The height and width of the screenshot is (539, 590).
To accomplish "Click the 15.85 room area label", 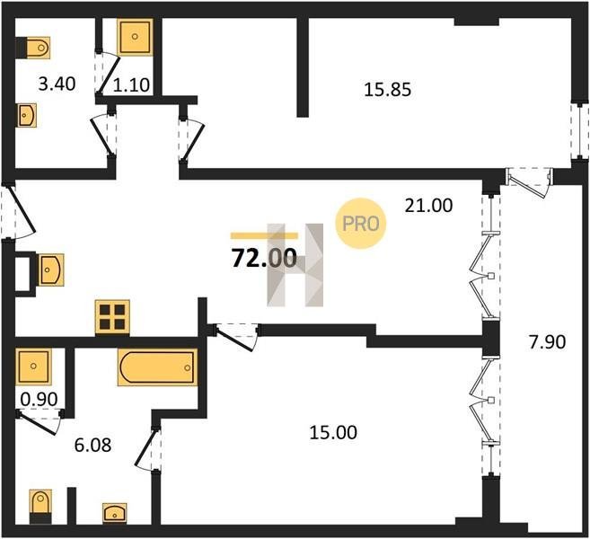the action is (388, 90).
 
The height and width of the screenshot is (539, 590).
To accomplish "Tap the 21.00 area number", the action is (428, 206).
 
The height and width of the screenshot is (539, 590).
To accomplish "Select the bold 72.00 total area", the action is (264, 259).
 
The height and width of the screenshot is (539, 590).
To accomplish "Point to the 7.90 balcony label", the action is (548, 342).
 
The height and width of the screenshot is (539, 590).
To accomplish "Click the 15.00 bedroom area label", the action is (333, 433).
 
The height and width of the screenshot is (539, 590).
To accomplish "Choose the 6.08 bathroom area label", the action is (92, 446).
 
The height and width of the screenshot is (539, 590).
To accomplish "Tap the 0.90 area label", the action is (39, 400).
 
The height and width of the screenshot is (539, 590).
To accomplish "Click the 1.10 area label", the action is (132, 85).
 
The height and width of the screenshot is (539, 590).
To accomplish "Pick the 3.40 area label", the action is (57, 84).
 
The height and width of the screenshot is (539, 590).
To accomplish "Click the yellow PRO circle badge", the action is (360, 224).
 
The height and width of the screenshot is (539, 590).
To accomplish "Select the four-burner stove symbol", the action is (112, 317).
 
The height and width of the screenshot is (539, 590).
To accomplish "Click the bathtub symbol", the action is (157, 367).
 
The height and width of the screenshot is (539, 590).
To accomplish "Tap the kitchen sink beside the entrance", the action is (51, 269).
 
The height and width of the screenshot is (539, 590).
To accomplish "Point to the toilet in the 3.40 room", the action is (32, 48).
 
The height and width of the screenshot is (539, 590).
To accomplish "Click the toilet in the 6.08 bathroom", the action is (40, 507).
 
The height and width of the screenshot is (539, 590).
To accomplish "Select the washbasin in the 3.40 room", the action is (27, 115).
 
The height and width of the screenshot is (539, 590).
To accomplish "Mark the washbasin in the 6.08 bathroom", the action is (114, 513).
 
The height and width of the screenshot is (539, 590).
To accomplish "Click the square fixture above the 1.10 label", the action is (135, 37).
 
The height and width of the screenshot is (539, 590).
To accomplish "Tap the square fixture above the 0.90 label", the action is (33, 367).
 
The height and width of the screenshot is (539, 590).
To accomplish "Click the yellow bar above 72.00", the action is (264, 236).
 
